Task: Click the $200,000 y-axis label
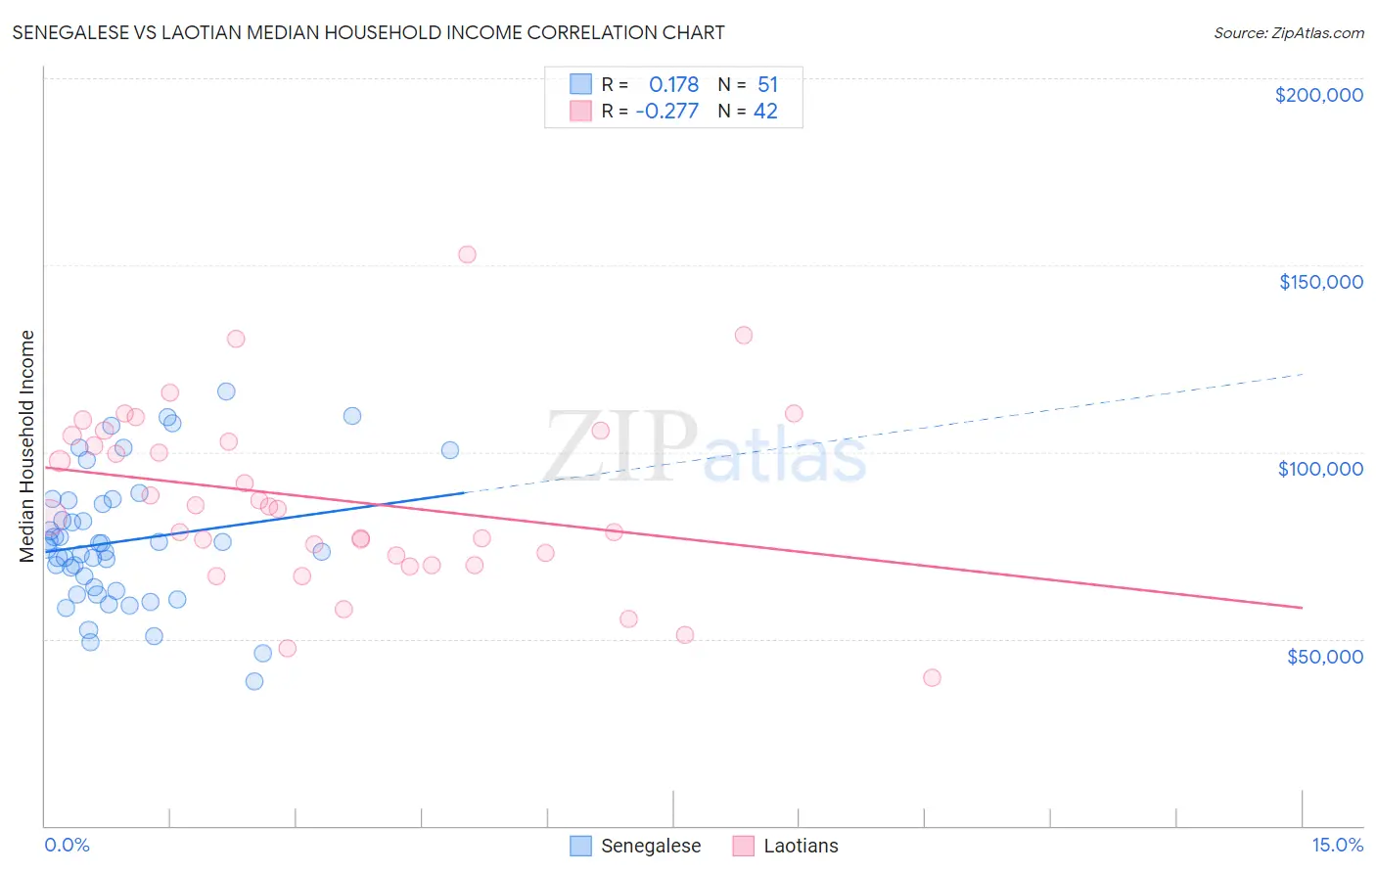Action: pyautogui.click(x=1318, y=95)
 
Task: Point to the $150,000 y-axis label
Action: pyautogui.click(x=1320, y=282)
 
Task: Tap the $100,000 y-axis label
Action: pyautogui.click(x=1320, y=469)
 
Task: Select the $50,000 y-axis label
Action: pyautogui.click(x=1324, y=656)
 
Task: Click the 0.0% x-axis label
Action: pyautogui.click(x=67, y=845)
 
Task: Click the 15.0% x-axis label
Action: pyautogui.click(x=1337, y=845)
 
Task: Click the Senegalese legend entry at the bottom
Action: pyautogui.click(x=650, y=846)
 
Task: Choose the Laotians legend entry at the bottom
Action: pyautogui.click(x=800, y=846)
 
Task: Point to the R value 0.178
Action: pyautogui.click(x=673, y=84)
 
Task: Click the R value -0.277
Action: pyautogui.click(x=666, y=112)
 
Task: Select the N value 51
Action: pyautogui.click(x=767, y=84)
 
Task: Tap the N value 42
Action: pyautogui.click(x=765, y=112)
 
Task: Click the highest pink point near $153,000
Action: pyautogui.click(x=467, y=254)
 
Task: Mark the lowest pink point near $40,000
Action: pyautogui.click(x=932, y=678)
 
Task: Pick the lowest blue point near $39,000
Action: pyautogui.click(x=254, y=681)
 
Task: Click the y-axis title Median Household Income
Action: pyautogui.click(x=27, y=446)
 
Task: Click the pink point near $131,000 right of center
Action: pyautogui.click(x=744, y=336)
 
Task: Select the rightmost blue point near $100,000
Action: pyautogui.click(x=450, y=450)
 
